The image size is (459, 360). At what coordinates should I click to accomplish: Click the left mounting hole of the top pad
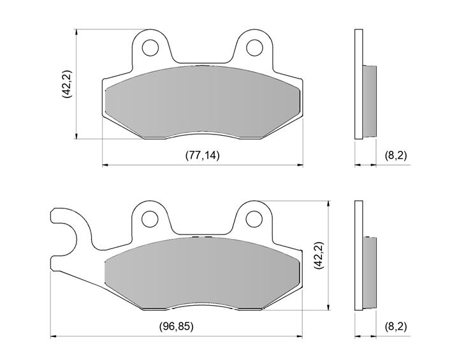tap(150, 47)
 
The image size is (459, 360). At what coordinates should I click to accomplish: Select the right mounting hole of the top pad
tap(254, 47)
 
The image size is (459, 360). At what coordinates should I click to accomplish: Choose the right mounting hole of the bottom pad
tap(254, 219)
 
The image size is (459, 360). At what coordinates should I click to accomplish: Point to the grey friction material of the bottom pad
tap(202, 273)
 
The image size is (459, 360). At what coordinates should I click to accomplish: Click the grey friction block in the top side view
tap(370, 101)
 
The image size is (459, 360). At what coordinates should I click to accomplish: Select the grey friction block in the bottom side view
tap(370, 273)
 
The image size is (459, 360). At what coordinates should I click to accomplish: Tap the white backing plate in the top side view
tap(358, 84)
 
